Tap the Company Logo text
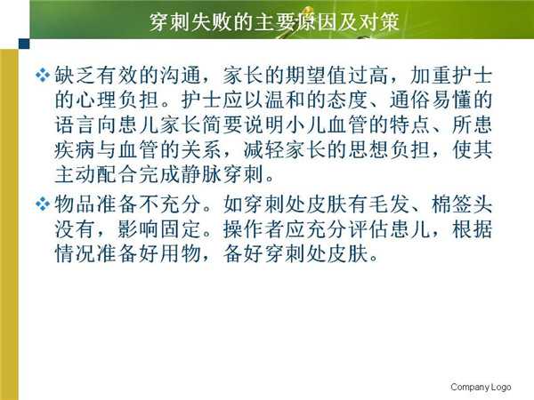click(481, 387)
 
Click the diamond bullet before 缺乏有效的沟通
click(42, 76)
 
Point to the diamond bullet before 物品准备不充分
click(42, 204)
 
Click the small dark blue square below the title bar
click(24, 44)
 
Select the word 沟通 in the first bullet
click(181, 76)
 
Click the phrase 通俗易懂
click(431, 100)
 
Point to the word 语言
click(76, 124)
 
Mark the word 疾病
click(76, 149)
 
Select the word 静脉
click(202, 174)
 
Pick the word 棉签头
click(462, 204)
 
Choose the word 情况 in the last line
click(76, 253)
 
